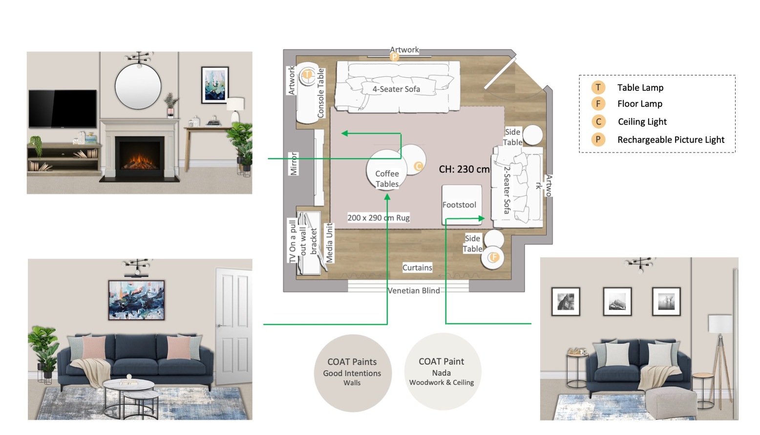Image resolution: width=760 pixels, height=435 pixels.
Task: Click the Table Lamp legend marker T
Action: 598,87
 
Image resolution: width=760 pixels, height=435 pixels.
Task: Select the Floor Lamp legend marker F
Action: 598,104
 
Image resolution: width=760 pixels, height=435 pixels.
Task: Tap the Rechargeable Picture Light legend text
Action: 671,140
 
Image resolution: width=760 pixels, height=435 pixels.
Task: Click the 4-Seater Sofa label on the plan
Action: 396,89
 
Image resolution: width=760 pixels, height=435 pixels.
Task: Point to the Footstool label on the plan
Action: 459,205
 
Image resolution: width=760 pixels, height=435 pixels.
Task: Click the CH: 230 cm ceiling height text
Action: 464,169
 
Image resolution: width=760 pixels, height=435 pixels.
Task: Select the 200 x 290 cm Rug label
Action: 379,217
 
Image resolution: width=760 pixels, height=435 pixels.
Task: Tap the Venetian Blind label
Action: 414,290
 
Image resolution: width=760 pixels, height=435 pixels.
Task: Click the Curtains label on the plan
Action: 417,267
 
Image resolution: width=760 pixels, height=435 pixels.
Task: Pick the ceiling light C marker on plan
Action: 419,166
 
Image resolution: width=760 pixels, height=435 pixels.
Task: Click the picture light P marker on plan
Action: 394,57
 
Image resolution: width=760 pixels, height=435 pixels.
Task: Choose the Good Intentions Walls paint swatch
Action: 352,373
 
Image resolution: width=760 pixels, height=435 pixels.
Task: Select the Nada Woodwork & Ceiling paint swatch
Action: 442,372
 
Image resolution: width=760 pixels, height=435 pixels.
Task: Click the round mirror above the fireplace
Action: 138,87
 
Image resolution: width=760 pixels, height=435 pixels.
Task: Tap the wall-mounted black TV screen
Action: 63,109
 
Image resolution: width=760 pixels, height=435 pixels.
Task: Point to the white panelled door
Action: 233,325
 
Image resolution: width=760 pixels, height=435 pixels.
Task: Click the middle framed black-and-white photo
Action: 617,302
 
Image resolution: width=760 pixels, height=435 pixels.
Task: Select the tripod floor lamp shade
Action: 720,324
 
